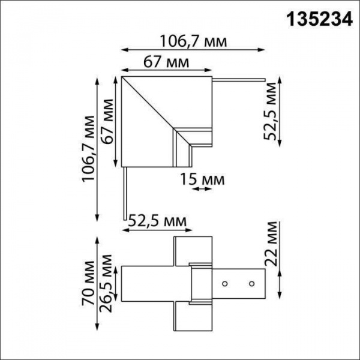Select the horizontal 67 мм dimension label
click(166, 62)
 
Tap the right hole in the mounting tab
click(252, 282)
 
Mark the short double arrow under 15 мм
click(202, 188)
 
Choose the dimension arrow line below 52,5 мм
click(157, 230)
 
